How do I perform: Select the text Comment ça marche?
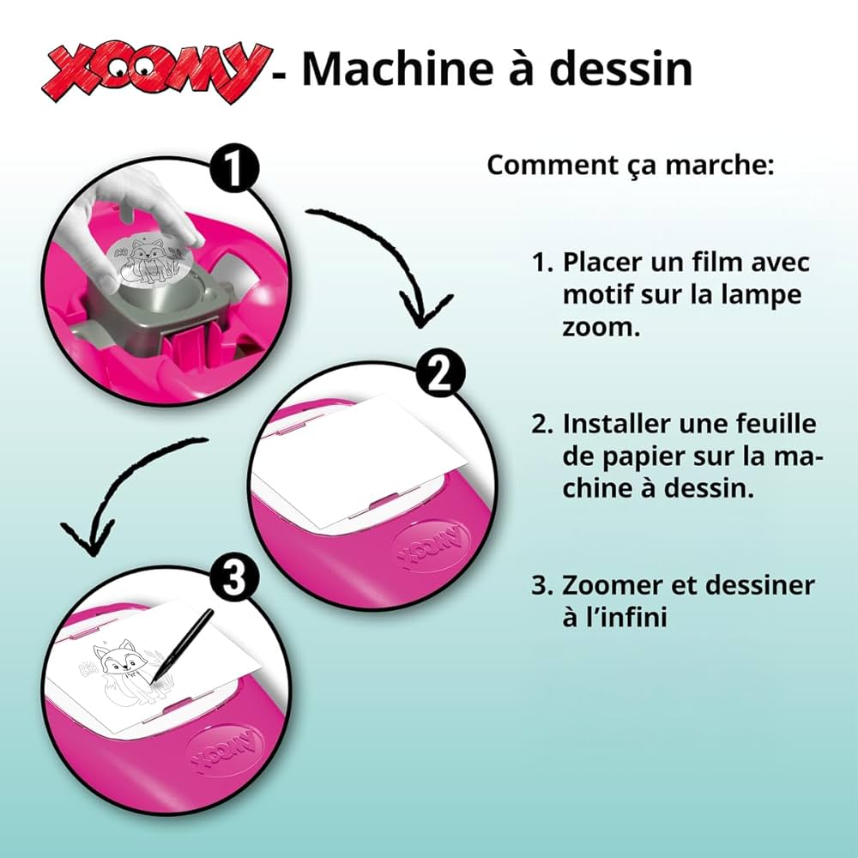coord(631,165)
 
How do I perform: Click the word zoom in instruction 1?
coord(601,327)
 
